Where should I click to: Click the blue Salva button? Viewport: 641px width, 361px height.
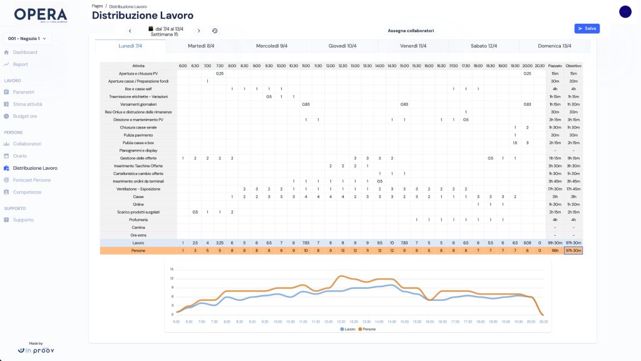point(587,28)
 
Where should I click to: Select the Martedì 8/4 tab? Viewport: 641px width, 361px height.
point(201,46)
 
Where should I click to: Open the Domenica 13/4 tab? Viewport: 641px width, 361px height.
point(554,46)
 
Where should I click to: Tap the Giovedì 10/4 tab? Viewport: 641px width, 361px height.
point(342,46)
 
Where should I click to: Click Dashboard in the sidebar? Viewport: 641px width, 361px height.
point(25,52)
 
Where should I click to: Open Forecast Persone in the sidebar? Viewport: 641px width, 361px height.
point(32,180)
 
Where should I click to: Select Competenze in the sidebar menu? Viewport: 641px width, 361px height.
point(27,192)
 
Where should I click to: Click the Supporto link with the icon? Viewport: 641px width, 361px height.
point(23,220)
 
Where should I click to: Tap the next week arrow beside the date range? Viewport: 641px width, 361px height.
point(199,31)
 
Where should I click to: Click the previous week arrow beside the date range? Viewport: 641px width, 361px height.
point(130,31)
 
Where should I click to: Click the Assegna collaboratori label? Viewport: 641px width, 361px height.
point(411,30)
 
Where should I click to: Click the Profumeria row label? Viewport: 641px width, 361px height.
point(138,219)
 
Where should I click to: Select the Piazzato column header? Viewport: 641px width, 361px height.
point(555,66)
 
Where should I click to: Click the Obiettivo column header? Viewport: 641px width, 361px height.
point(573,66)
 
